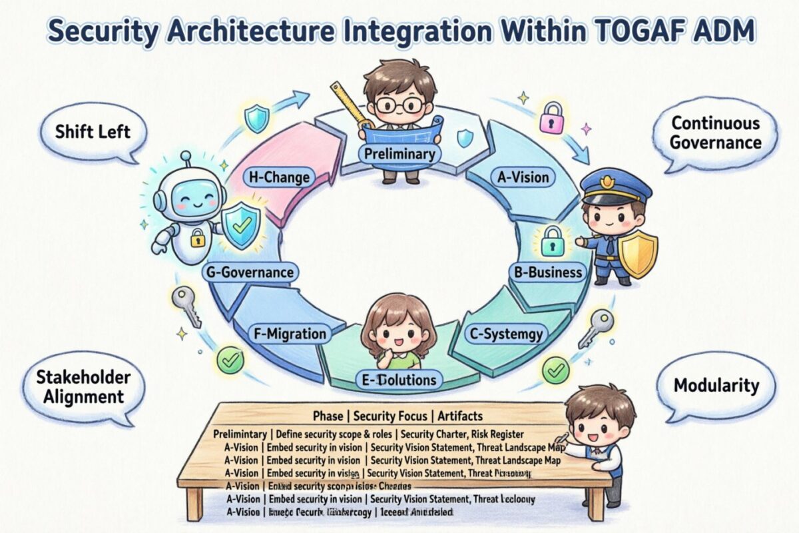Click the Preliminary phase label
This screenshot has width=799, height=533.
pyautogui.click(x=400, y=154)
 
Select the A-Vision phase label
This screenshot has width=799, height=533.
pyautogui.click(x=523, y=177)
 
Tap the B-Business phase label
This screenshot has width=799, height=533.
pyautogui.click(x=549, y=272)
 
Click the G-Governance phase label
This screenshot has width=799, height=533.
pyautogui.click(x=249, y=272)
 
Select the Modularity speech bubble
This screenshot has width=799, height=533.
pyautogui.click(x=716, y=384)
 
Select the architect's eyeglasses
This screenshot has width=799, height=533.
pyautogui.click(x=400, y=105)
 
